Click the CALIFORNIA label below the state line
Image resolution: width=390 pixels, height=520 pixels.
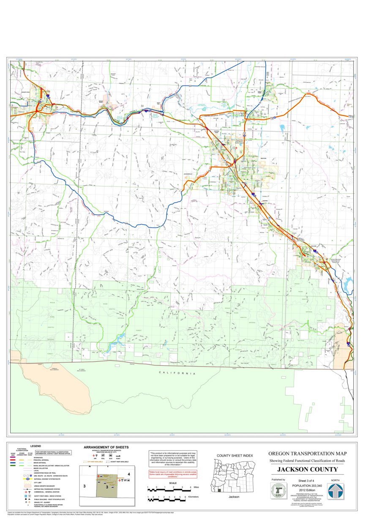pyautogui.click(x=177, y=373)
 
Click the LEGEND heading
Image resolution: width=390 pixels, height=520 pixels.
pyautogui.click(x=35, y=446)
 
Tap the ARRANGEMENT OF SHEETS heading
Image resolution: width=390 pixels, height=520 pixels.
pyautogui.click(x=106, y=447)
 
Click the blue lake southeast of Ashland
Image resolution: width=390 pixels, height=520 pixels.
pyautogui.click(x=348, y=285)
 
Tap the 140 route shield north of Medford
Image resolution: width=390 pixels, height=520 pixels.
pyautogui.click(x=244, y=133)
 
